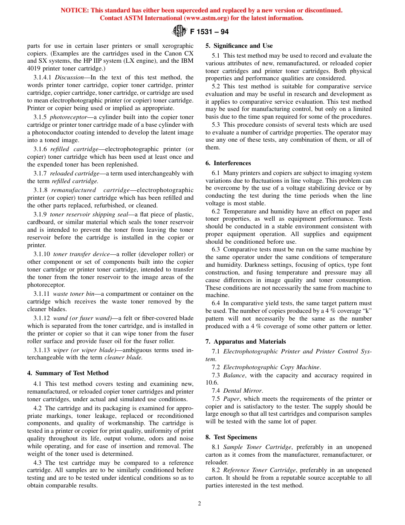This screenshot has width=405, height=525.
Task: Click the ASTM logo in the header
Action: (x=179, y=32)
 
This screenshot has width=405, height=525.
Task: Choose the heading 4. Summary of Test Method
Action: (x=68, y=373)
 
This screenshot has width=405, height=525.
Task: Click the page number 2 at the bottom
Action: (x=200, y=503)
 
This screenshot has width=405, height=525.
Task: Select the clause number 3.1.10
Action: (x=42, y=254)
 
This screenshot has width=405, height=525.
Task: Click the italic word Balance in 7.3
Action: (x=234, y=375)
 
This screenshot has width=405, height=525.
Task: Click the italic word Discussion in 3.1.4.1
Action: (x=69, y=77)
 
